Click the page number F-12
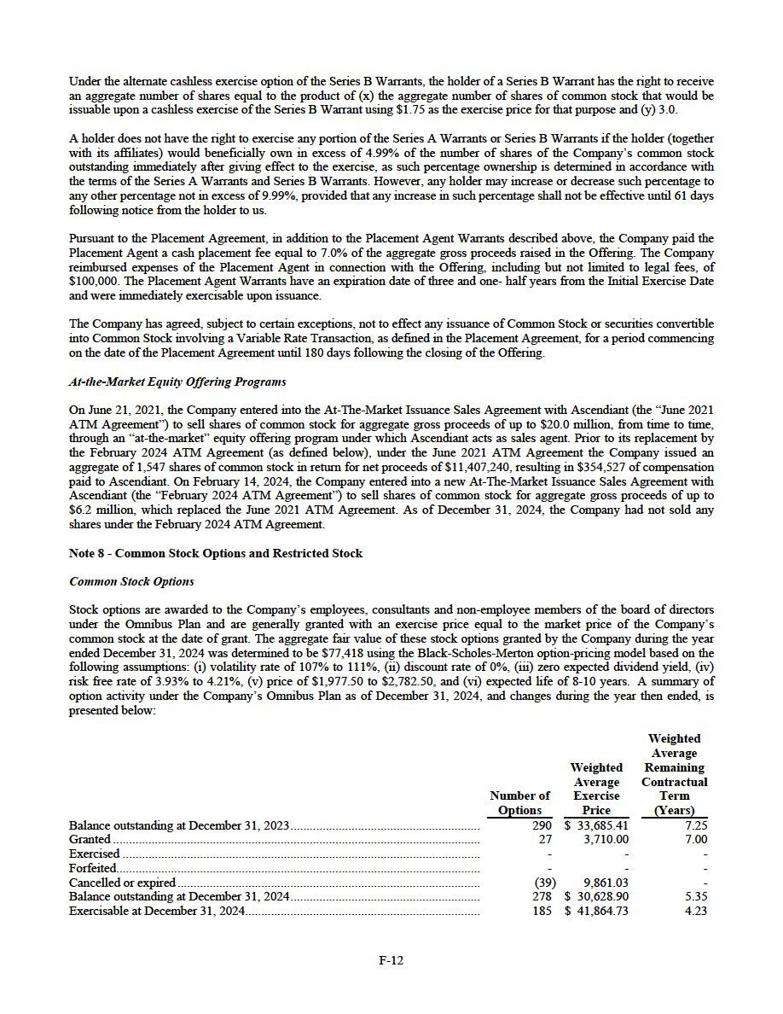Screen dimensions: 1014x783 pos(391,960)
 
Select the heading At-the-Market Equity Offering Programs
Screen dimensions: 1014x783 pos(177,382)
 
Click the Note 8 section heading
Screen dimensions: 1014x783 pos(215,553)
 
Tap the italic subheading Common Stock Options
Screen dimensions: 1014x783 pos(131,581)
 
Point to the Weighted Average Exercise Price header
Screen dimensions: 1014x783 pos(596,789)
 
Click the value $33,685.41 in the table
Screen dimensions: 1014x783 pos(596,825)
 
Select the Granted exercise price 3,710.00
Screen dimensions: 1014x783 pos(606,840)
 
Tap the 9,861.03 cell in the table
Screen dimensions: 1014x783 pos(606,883)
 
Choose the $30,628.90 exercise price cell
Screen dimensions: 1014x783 pos(596,897)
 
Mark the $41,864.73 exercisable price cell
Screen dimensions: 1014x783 pos(596,912)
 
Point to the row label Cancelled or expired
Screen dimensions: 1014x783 pos(122,883)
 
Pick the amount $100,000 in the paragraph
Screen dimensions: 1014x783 pos(96,282)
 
